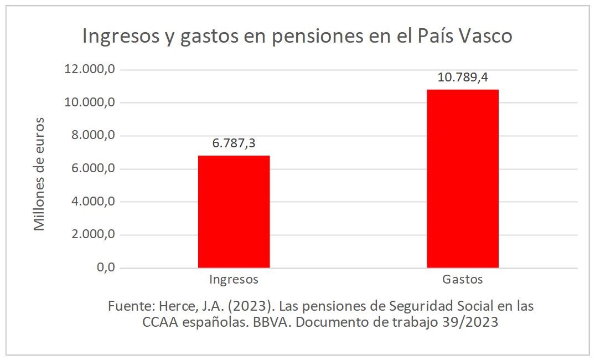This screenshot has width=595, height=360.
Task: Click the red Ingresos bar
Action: click(234, 212)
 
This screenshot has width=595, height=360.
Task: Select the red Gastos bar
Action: click(462, 178)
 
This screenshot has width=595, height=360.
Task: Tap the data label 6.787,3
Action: click(234, 143)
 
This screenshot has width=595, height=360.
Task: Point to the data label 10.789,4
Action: click(463, 78)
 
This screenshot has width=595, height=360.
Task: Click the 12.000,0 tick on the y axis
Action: click(90, 70)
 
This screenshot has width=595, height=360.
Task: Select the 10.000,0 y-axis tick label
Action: click(90, 103)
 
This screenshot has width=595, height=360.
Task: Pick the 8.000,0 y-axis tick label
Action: click(93, 136)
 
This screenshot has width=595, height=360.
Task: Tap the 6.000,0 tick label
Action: click(93, 169)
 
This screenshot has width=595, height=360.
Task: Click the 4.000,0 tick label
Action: click(93, 202)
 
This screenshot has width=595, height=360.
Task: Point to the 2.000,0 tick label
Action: click(93, 235)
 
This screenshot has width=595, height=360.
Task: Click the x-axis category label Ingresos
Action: click(234, 280)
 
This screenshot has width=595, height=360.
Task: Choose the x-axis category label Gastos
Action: click(462, 280)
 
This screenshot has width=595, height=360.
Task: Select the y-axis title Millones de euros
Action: click(39, 174)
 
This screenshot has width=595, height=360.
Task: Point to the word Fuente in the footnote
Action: click(130, 306)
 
